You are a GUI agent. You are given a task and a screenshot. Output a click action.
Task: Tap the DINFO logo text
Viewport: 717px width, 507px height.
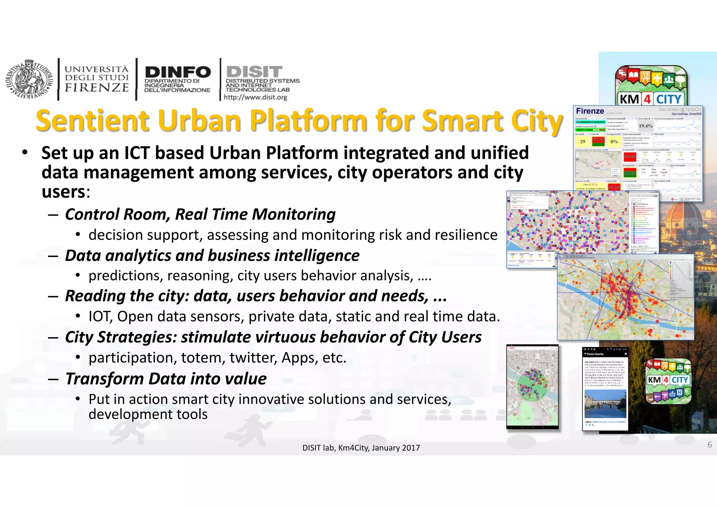177,72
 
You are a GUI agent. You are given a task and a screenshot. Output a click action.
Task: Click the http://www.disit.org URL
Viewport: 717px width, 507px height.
255,97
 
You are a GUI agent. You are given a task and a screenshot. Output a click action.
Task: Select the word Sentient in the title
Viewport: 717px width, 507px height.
93,121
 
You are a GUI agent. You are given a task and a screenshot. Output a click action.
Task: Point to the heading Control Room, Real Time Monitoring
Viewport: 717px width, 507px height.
200,214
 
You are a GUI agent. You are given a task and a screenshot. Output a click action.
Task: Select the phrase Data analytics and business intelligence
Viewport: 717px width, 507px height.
212,256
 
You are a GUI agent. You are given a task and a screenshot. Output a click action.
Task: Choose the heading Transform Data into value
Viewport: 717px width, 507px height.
166,379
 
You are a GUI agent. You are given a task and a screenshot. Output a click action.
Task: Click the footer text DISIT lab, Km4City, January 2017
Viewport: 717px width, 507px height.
361,448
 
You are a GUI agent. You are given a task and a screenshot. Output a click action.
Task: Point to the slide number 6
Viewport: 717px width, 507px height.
709,445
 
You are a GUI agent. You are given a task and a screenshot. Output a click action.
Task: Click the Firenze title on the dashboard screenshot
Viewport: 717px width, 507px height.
590,111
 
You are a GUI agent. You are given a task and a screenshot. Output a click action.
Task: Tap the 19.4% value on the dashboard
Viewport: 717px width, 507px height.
646,126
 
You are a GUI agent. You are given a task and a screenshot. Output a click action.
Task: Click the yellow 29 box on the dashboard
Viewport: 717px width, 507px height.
583,141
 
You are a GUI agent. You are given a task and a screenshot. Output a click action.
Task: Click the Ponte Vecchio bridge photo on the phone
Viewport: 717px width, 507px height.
605,404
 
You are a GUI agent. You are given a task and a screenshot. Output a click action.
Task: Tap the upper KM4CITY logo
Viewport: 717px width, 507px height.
651,86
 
